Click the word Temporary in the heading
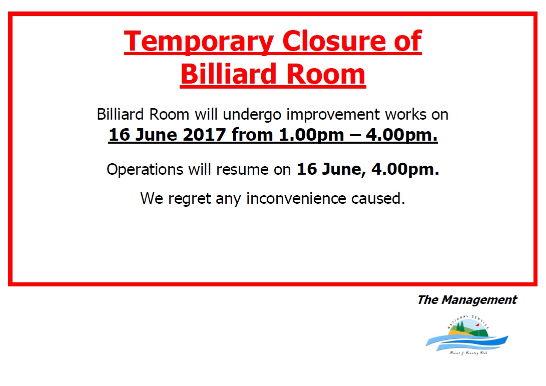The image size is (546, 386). point(199,42)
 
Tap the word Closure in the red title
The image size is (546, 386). point(335,41)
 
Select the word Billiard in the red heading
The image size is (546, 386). point(228,74)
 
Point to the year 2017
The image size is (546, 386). point(204,135)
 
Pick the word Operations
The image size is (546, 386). point(145,170)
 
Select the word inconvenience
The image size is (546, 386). point(296,199)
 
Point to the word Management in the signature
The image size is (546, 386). point(479,299)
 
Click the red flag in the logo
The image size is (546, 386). point(477,325)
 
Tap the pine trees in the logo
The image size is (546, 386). point(461,327)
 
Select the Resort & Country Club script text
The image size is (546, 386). point(468,353)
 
